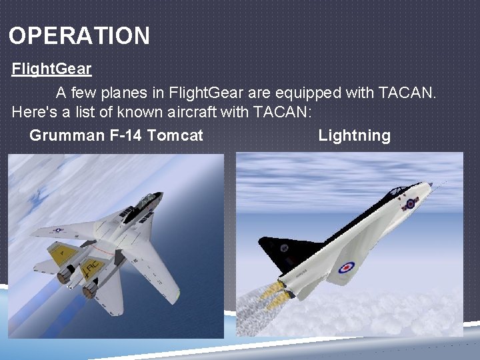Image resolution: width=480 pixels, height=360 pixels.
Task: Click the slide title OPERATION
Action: (x=79, y=35)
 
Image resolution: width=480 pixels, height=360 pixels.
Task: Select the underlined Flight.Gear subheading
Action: (x=51, y=69)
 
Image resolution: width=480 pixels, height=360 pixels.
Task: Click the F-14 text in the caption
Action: (x=125, y=136)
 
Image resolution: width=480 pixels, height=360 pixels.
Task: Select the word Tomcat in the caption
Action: (x=175, y=136)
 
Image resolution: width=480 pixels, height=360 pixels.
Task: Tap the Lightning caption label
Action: (x=354, y=136)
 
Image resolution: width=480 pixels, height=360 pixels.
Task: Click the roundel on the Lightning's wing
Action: (x=345, y=268)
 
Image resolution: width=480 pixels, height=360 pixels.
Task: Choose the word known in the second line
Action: (x=136, y=112)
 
